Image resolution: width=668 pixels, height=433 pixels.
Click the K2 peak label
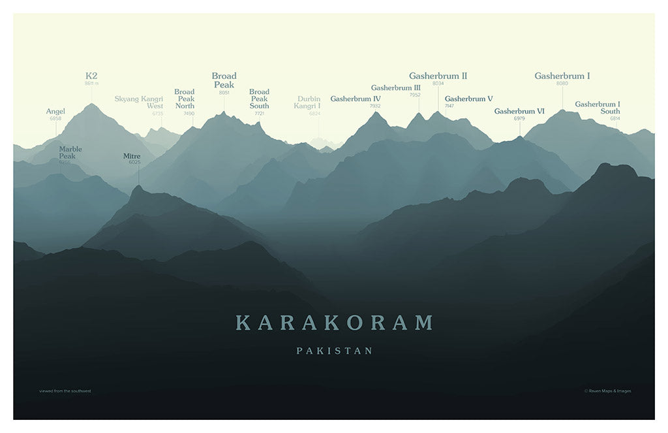pos(91,76)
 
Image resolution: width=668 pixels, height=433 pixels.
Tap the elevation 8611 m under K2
pos(91,84)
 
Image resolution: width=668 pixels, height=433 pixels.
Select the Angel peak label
pos(55,112)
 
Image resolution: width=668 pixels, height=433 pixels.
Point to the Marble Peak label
pos(70,153)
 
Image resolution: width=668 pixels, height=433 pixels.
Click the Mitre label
pos(132,156)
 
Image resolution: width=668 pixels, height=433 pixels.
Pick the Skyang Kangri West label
pos(139,103)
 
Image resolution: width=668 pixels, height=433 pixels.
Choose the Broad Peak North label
pos(185,99)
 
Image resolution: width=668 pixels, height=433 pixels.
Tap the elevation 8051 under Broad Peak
pos(224,93)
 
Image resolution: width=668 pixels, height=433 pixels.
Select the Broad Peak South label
pos(259,99)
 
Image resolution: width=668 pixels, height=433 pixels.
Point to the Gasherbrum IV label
pos(356,99)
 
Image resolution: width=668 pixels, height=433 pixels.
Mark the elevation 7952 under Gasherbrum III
pos(415,95)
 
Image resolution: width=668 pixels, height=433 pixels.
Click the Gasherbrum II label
pos(438,76)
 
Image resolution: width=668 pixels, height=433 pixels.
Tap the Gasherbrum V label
pos(468,99)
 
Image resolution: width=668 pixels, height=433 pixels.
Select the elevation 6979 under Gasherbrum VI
pos(519,118)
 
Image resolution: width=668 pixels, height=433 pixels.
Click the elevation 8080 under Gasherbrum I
pos(562,84)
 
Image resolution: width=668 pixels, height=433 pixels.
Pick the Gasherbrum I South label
pos(598,108)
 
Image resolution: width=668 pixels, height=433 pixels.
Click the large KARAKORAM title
pos(334,323)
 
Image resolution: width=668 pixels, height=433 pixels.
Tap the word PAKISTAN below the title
pos(334,351)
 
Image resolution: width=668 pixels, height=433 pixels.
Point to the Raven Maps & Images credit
pos(607,391)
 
